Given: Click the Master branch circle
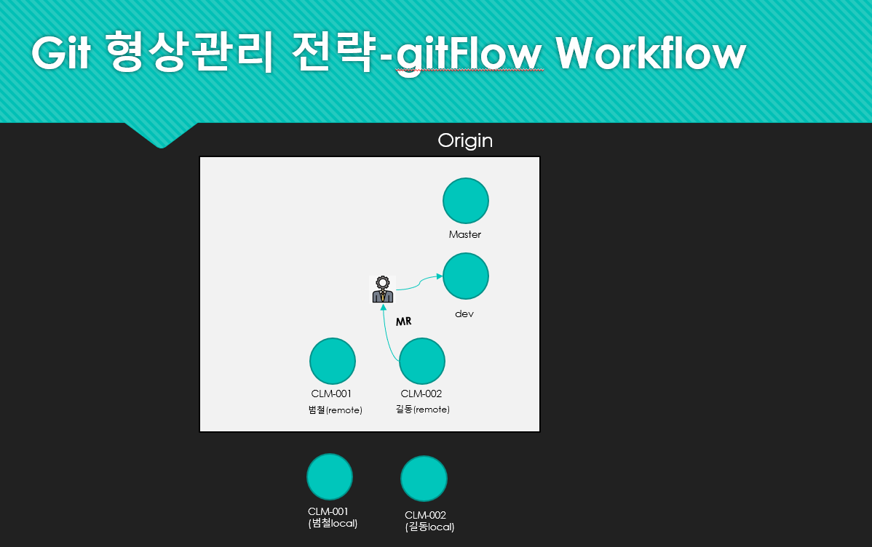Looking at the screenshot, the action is click(465, 201).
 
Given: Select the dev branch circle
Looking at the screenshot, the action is click(465, 276).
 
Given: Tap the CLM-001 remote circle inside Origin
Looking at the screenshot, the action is click(333, 362).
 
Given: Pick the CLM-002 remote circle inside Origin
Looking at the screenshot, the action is click(422, 362).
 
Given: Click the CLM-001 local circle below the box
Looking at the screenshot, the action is click(330, 477).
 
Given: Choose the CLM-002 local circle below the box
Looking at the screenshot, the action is click(424, 479).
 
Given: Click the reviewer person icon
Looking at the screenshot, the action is click(383, 289).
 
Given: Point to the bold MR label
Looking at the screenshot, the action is click(404, 322).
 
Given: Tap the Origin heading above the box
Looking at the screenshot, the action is click(465, 140).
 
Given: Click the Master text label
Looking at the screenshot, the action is click(465, 235).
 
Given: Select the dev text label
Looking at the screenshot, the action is click(464, 314).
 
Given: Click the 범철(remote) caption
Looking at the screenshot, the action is click(336, 410).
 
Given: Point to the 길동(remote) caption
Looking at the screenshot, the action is click(423, 410).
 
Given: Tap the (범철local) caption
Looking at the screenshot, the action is click(333, 523).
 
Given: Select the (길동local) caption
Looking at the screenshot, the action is click(429, 527).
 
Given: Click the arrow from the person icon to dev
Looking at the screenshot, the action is click(419, 282).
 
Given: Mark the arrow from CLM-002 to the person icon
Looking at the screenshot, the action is click(387, 334).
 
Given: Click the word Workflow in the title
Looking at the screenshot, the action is click(651, 53).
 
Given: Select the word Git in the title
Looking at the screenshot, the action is click(61, 52).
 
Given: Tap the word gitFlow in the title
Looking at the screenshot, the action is click(469, 55).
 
